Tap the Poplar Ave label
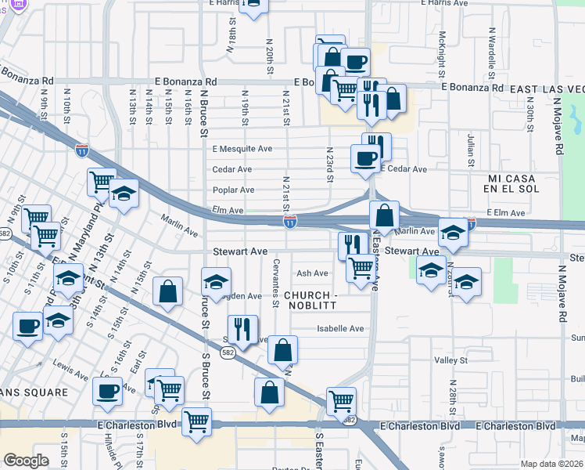[x=233, y=190]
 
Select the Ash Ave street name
[x=312, y=273]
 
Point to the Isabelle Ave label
[x=340, y=329]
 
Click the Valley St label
[x=450, y=360]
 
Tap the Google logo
[x=26, y=461]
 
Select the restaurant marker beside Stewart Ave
[x=353, y=245]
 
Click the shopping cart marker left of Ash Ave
[x=360, y=269]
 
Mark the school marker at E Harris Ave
[x=253, y=5]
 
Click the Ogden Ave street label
[x=242, y=296]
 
